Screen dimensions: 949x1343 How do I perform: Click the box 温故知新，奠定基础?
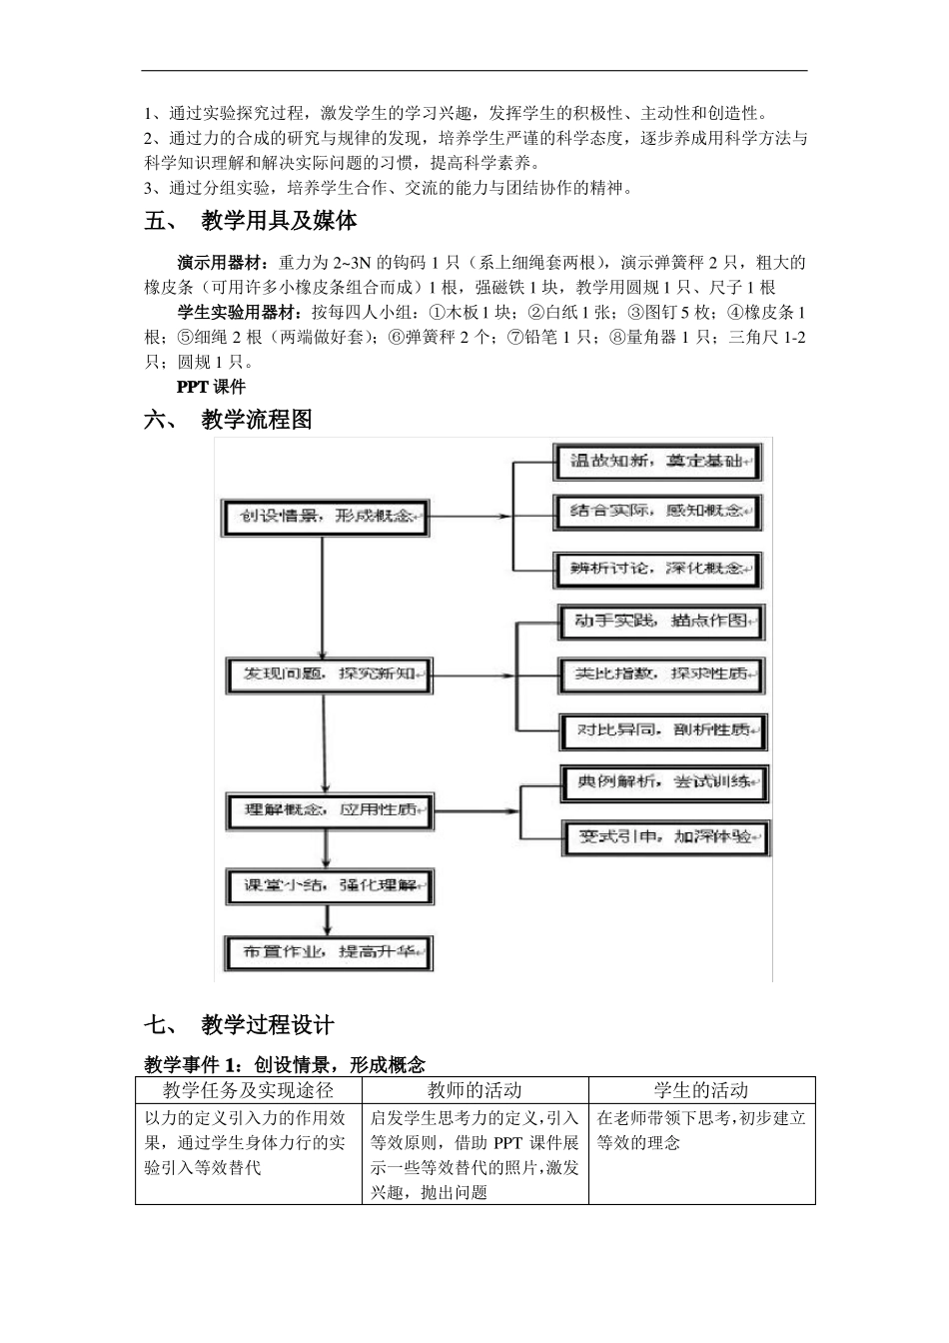[658, 461]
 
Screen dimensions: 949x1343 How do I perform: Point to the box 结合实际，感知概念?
[658, 512]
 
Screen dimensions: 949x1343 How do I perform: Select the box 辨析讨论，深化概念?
[658, 569]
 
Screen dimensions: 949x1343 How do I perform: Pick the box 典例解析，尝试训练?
[665, 782]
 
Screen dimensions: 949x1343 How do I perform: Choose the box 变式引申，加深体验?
[665, 837]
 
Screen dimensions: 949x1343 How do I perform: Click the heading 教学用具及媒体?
[279, 221]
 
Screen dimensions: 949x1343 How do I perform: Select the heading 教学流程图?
[257, 420]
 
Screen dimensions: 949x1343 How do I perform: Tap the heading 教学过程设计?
[268, 1024]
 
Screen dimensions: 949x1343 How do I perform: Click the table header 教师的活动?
[474, 1090]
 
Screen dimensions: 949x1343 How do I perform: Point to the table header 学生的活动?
[701, 1090]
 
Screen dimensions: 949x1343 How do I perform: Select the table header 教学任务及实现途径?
[248, 1090]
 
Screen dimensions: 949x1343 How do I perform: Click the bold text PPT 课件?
[211, 387]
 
